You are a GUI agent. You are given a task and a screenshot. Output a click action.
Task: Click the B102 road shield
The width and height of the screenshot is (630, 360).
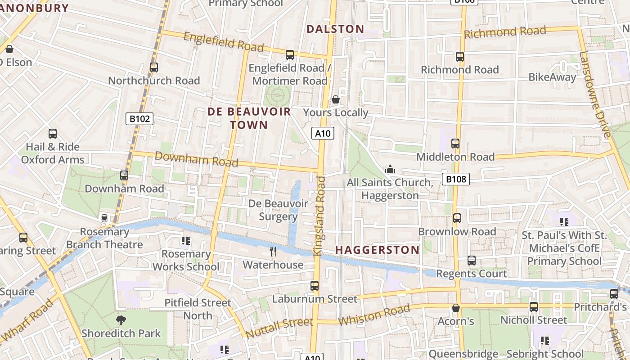click(139, 119)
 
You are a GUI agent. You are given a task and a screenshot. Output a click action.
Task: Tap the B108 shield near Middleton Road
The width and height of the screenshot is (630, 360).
click(455, 179)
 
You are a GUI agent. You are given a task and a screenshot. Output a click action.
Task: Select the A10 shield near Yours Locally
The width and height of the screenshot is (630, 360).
click(323, 133)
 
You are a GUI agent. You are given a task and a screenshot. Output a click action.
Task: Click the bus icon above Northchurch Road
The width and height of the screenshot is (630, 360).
click(154, 67)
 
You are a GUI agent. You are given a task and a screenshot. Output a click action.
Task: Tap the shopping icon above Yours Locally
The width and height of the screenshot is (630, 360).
click(335, 99)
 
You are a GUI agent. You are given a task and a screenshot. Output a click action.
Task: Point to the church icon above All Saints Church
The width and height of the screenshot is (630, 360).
click(390, 169)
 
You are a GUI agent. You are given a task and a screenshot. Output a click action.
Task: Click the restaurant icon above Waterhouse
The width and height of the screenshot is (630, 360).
click(273, 251)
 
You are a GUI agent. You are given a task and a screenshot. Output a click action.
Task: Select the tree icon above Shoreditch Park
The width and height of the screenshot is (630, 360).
click(121, 320)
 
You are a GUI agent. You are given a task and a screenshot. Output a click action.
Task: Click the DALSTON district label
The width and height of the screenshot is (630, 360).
click(335, 29)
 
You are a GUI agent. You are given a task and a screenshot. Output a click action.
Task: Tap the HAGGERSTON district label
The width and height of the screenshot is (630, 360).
click(377, 250)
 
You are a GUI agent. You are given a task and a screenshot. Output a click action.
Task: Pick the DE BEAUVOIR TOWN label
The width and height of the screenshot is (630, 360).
click(249, 118)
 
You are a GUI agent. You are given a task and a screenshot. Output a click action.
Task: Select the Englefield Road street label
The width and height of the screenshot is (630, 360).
click(224, 42)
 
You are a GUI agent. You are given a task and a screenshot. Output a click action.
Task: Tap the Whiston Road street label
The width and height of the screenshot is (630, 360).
click(374, 315)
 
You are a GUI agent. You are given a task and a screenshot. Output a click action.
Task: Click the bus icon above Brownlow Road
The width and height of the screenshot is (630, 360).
click(457, 218)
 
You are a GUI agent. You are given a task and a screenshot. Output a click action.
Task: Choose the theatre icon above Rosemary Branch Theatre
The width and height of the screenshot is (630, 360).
click(104, 218)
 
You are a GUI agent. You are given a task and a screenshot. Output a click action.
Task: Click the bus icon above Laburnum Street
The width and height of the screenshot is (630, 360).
click(315, 285)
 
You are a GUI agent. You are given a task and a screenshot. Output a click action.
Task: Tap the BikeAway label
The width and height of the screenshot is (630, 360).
click(552, 77)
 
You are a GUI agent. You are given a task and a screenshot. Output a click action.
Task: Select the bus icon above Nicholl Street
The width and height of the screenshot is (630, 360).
click(534, 307)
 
